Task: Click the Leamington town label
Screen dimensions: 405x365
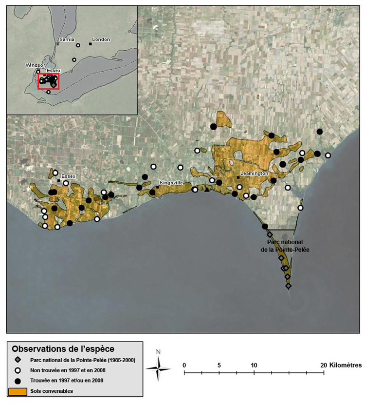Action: pos(255,174)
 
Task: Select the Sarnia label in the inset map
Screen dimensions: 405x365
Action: pos(66,39)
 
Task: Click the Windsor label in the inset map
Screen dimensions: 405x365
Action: pos(36,65)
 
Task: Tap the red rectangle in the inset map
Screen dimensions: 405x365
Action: pos(48,81)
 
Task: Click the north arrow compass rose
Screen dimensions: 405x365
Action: pos(158,366)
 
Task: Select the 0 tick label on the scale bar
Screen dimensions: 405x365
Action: pos(184,365)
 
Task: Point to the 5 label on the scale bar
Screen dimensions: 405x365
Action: pos(219,365)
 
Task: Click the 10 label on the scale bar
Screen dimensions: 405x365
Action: pos(254,365)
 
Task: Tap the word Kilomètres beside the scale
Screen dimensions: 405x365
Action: pos(345,365)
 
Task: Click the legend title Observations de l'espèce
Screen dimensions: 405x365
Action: pos(63,349)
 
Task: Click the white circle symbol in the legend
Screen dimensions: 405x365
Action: pos(17,370)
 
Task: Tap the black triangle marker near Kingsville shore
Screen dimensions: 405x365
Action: pos(207,189)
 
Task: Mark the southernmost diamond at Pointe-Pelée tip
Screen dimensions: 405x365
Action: pos(288,286)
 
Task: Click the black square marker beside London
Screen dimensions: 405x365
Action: pos(90,44)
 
